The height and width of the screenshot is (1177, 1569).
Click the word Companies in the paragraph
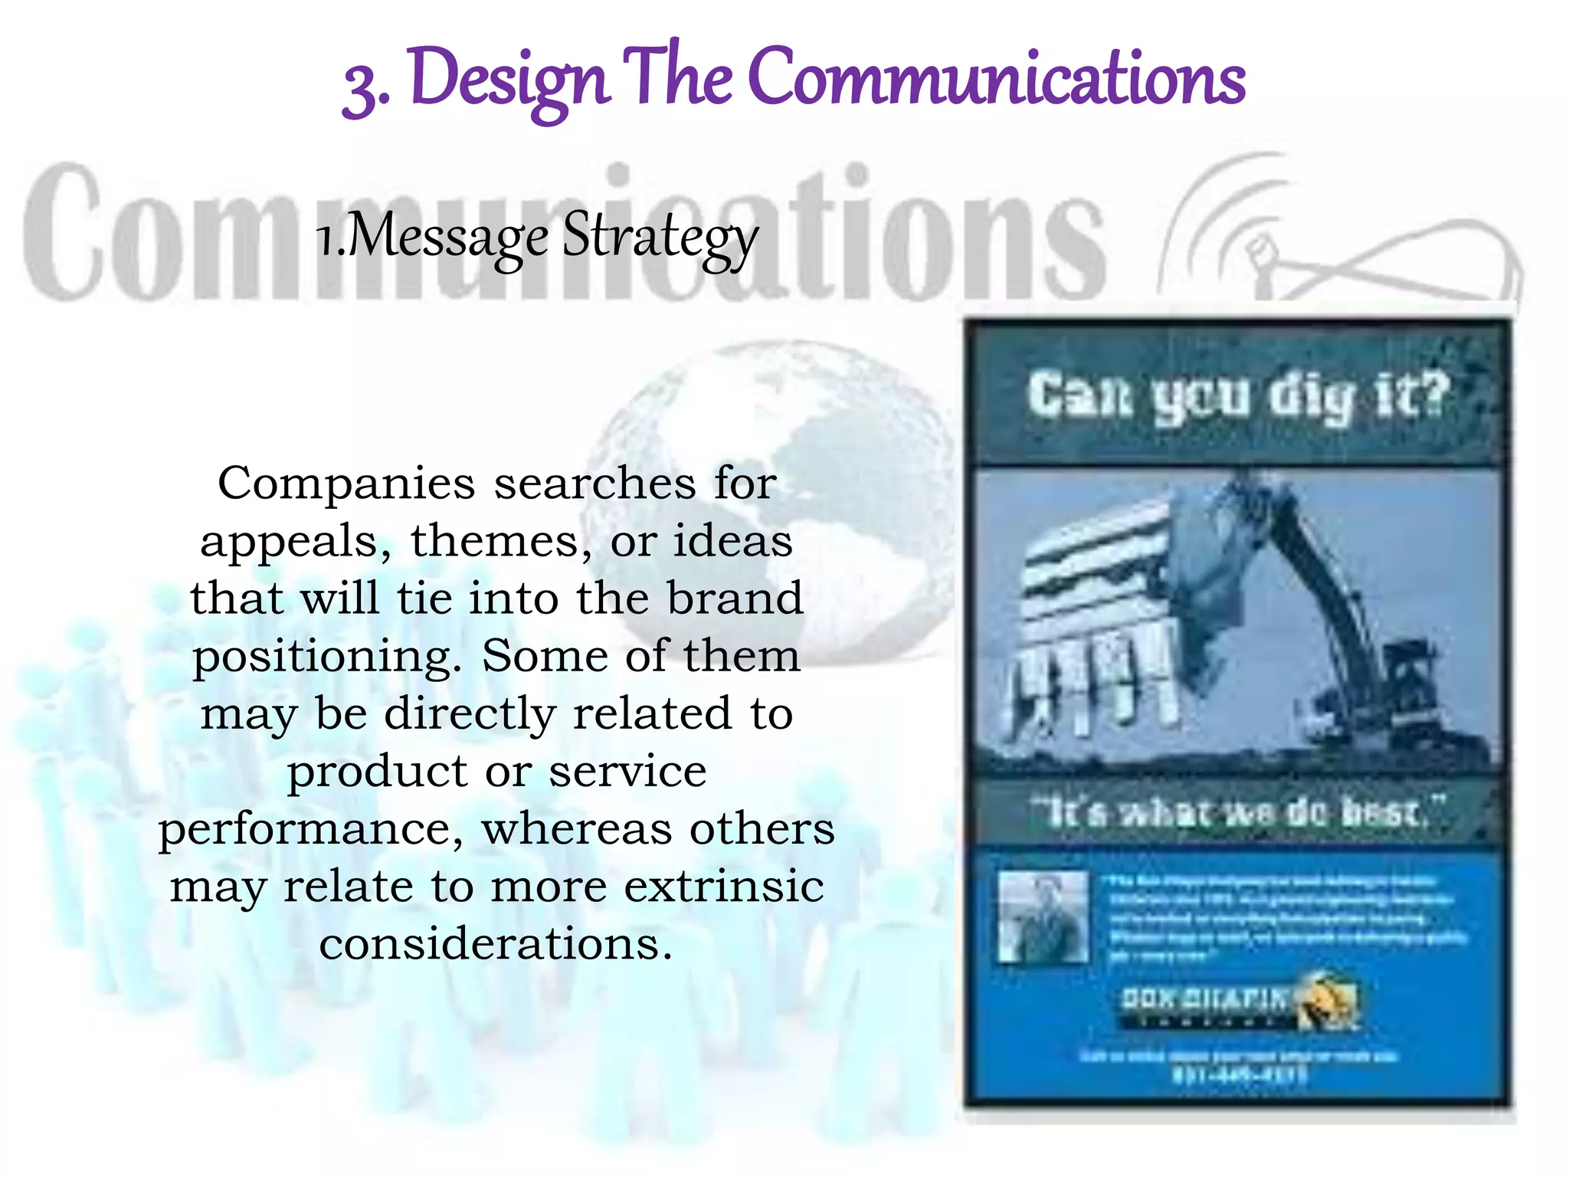(346, 484)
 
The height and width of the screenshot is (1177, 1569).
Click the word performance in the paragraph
(311, 830)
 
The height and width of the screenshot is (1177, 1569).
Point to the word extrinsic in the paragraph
(724, 887)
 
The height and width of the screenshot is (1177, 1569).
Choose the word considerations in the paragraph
(496, 944)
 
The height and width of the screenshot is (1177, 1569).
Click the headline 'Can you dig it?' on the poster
(1237, 397)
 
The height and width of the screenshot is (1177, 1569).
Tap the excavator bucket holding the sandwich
(1103, 613)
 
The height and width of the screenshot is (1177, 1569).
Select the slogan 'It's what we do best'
(1237, 812)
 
